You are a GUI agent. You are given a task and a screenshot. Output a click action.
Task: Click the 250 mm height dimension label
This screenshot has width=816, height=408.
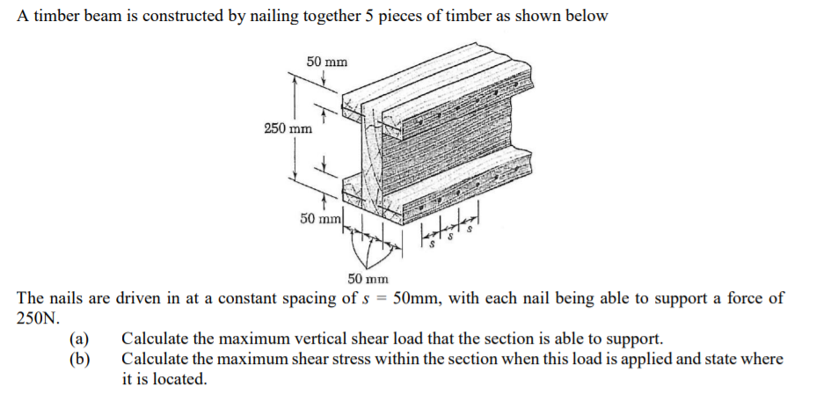[288, 129]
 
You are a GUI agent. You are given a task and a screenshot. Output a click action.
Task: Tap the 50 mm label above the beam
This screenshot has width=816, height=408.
[326, 62]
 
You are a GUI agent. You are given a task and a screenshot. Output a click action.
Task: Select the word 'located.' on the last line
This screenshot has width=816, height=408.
[180, 379]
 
